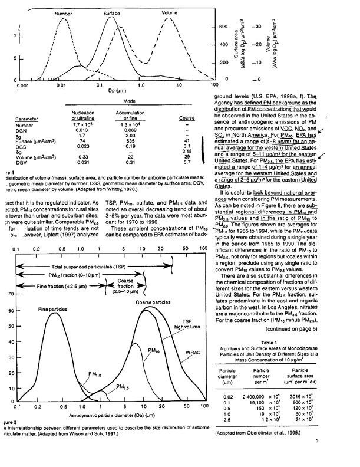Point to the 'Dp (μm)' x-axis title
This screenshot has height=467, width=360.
click(x=114, y=92)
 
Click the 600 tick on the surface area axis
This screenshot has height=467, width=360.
click(x=223, y=27)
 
